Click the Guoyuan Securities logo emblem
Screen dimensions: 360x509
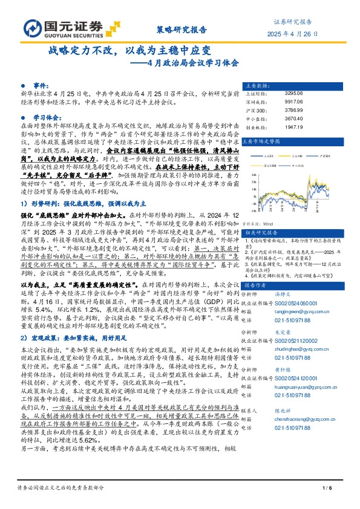click(32, 28)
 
